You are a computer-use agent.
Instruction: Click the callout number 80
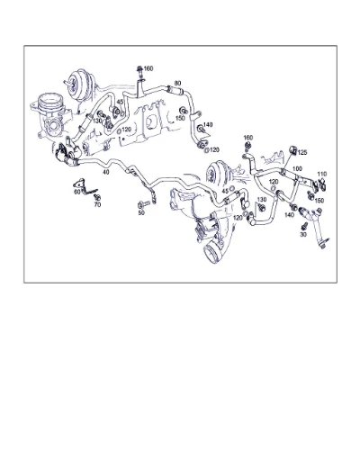pos(177,83)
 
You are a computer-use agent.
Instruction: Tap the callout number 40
pos(106,172)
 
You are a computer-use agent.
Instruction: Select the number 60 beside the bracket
pos(77,192)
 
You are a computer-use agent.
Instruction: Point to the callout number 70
pos(97,205)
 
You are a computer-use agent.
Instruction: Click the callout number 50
pos(141,212)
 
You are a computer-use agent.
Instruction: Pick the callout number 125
pos(302,152)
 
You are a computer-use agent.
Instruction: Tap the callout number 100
pos(297,169)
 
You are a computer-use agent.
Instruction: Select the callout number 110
pos(322,174)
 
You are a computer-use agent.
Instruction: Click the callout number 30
pos(303,235)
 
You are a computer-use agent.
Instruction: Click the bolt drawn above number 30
pos(304,225)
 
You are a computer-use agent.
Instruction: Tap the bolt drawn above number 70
pos(97,198)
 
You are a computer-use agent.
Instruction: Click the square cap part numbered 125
pos(292,150)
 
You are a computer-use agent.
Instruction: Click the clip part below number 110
pos(319,185)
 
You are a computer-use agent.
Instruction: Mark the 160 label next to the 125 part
pos(248,138)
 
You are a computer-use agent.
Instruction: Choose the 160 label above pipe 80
pos(148,68)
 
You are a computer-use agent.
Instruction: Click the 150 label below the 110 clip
pos(319,201)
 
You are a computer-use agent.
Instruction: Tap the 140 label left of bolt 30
pos(289,215)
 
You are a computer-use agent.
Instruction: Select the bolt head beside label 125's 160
pos(247,146)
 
